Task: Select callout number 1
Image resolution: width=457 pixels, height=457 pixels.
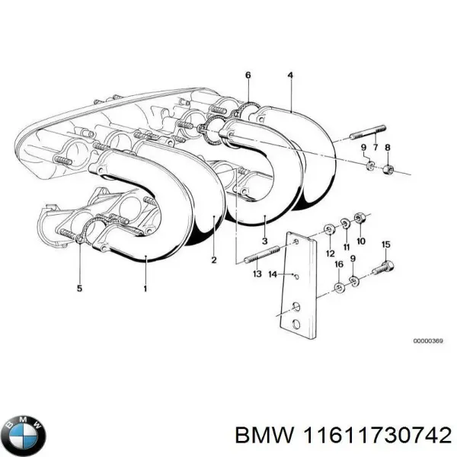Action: pos(145,289)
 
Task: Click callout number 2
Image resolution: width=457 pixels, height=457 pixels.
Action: pos(214,260)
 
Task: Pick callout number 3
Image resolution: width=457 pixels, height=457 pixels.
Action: pos(264,241)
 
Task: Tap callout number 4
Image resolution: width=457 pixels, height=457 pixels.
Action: pos(290,75)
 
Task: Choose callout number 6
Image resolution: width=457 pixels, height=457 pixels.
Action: pos(248,75)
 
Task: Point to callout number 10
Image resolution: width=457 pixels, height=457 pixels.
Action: pos(360,241)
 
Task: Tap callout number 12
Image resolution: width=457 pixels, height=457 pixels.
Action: pos(330,253)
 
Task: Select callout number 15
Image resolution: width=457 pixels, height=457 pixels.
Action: pos(385,244)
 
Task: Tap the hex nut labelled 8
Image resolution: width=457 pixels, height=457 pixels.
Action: pos(386,168)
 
